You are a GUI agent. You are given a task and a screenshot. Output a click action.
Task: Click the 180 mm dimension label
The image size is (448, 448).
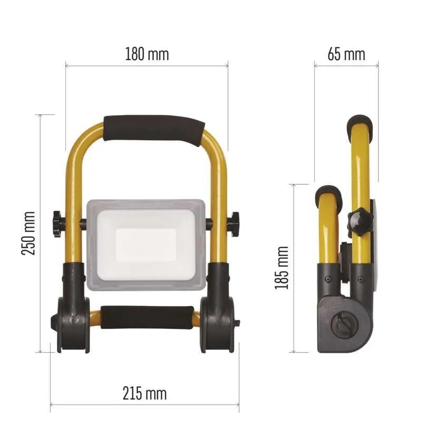pyautogui.click(x=147, y=54)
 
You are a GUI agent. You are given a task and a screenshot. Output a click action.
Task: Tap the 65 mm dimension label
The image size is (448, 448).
pyautogui.click(x=346, y=54)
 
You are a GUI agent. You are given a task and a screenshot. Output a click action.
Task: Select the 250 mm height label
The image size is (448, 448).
pyautogui.click(x=28, y=233)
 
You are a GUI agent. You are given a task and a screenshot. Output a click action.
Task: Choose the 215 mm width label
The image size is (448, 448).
pyautogui.click(x=144, y=393)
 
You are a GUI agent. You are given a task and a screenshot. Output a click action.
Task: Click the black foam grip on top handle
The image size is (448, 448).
pyautogui.click(x=154, y=130)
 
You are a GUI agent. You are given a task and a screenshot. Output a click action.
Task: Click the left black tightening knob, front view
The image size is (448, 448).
pyautogui.click(x=57, y=224)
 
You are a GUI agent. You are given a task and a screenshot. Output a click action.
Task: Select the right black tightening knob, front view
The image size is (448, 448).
pyautogui.click(x=233, y=224)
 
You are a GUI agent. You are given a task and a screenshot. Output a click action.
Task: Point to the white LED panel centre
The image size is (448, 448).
pyautogui.click(x=145, y=244)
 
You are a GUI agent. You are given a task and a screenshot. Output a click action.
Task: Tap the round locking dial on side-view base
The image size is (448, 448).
pyautogui.click(x=340, y=327)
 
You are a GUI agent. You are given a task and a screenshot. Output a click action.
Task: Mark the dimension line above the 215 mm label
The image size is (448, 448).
pyautogui.click(x=144, y=405)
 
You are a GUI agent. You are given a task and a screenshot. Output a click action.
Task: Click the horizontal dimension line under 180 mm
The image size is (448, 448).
pyautogui.click(x=147, y=66)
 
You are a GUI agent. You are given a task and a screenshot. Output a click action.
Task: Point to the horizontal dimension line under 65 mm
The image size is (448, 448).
pyautogui.click(x=346, y=66)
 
